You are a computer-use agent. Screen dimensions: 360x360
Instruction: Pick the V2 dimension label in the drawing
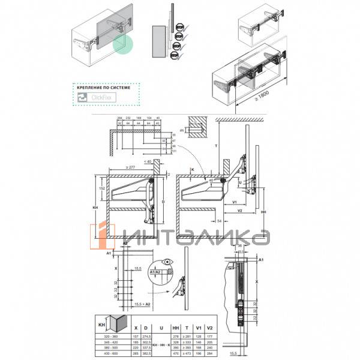coord(239,211)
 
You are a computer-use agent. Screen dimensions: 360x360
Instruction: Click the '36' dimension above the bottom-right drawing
coord(239,245)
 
